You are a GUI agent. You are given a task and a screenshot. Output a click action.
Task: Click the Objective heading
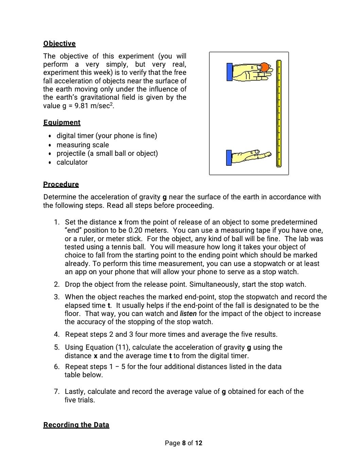point(59,44)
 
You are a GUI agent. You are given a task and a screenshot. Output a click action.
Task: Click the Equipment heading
point(62,122)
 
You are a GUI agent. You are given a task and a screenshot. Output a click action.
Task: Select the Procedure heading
point(61,184)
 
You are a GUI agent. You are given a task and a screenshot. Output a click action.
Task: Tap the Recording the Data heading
point(76,425)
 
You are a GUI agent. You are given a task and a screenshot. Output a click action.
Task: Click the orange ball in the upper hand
point(264,67)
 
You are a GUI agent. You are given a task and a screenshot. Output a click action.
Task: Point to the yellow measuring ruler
point(279,114)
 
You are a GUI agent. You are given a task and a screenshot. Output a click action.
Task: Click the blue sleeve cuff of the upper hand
point(229,72)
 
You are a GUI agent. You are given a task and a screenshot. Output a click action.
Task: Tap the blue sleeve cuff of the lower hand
point(229,158)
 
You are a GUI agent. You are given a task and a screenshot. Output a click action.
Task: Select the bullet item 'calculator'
point(72,162)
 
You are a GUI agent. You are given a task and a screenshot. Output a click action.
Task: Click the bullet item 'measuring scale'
point(83,145)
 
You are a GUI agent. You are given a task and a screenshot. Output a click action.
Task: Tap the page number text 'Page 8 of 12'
point(183,443)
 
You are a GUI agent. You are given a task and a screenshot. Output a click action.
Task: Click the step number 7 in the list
point(56,391)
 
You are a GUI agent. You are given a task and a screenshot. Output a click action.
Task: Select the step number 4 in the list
point(56,334)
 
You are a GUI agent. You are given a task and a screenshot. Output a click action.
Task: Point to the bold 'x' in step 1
point(120,222)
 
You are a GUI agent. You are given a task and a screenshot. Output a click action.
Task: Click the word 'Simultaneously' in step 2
point(212,284)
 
